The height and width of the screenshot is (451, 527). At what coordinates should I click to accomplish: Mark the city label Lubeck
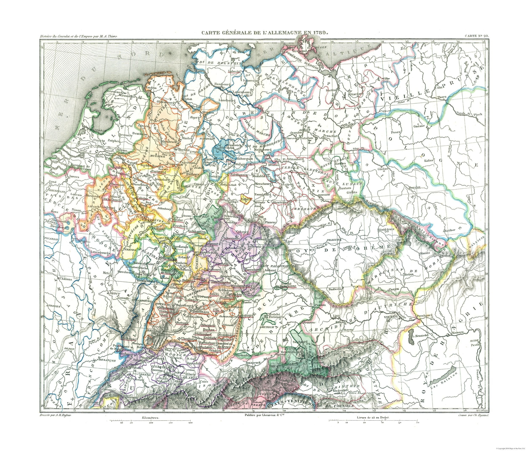pyautogui.click(x=234, y=72)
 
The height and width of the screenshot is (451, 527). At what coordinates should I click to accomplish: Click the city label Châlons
pyautogui.click(x=66, y=279)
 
